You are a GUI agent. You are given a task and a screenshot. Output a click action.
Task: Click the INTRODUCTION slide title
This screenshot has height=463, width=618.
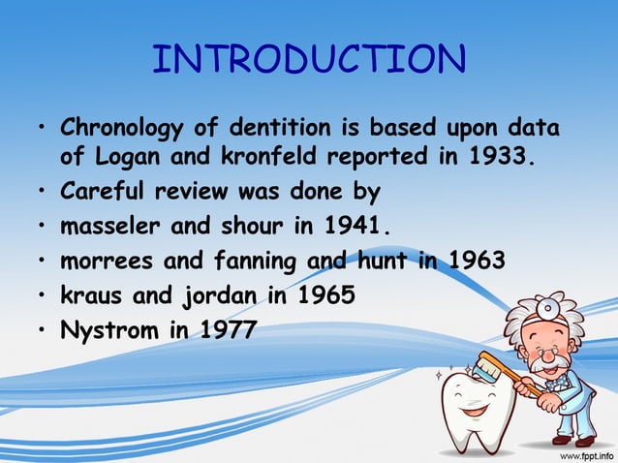(309, 60)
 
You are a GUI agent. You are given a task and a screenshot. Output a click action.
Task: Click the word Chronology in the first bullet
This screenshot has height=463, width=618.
(117, 128)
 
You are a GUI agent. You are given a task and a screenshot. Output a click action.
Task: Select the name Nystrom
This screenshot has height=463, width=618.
(102, 331)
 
